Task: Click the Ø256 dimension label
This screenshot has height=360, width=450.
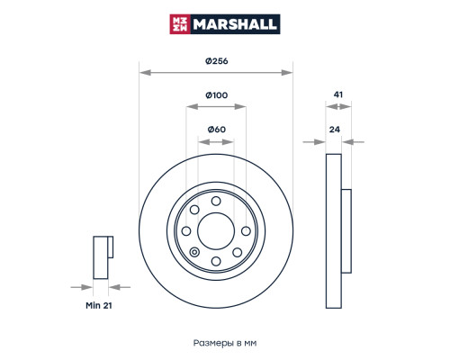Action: tap(216, 61)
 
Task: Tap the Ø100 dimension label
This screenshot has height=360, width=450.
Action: tap(216, 95)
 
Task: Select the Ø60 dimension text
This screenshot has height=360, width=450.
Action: tap(216, 130)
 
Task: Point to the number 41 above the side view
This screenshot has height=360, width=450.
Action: tap(338, 94)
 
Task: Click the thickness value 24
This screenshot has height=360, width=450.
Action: tap(335, 130)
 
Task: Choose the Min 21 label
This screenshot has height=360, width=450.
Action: tap(99, 305)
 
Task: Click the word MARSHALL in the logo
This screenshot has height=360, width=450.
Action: tap(234, 24)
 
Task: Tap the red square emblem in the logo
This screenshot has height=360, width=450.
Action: tap(180, 24)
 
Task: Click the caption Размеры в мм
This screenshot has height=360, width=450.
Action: tap(225, 343)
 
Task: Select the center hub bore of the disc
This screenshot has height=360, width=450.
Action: tap(216, 231)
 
